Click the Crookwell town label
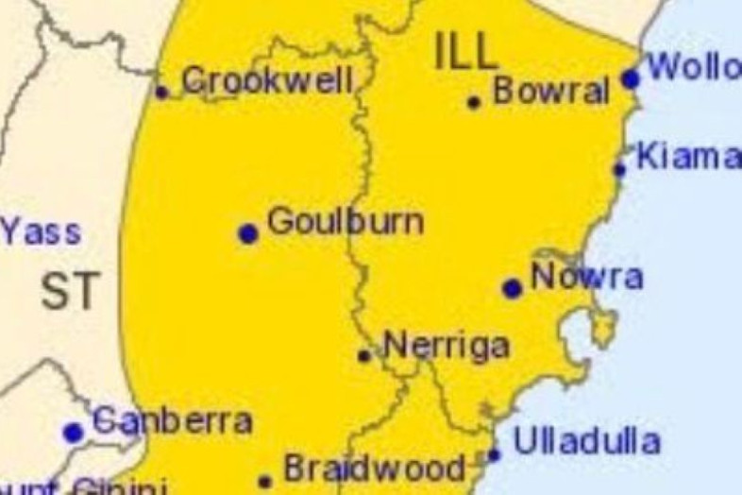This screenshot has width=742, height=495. click(x=267, y=80)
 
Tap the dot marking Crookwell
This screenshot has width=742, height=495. click(x=161, y=92)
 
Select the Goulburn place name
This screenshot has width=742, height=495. click(x=346, y=222)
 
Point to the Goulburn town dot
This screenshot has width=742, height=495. click(x=248, y=233)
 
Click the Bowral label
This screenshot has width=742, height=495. click(x=551, y=91)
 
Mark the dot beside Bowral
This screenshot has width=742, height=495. click(x=474, y=102)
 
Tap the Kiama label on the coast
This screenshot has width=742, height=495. click(x=688, y=157)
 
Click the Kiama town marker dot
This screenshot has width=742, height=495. click(x=619, y=170)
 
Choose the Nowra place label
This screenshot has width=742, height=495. click(x=587, y=277)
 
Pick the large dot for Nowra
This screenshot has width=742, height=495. click(x=513, y=288)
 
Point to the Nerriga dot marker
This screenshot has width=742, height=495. click(x=364, y=356)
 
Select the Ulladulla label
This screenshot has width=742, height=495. click(x=586, y=440)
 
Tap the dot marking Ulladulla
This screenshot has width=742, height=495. click(x=494, y=455)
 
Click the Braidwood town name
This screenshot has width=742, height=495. click(x=375, y=468)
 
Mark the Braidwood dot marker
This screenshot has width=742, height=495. click(x=265, y=482)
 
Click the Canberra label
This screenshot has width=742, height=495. click(x=173, y=421)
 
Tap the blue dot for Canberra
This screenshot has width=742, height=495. click(x=73, y=433)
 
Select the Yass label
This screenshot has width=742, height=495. click(x=41, y=231)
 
